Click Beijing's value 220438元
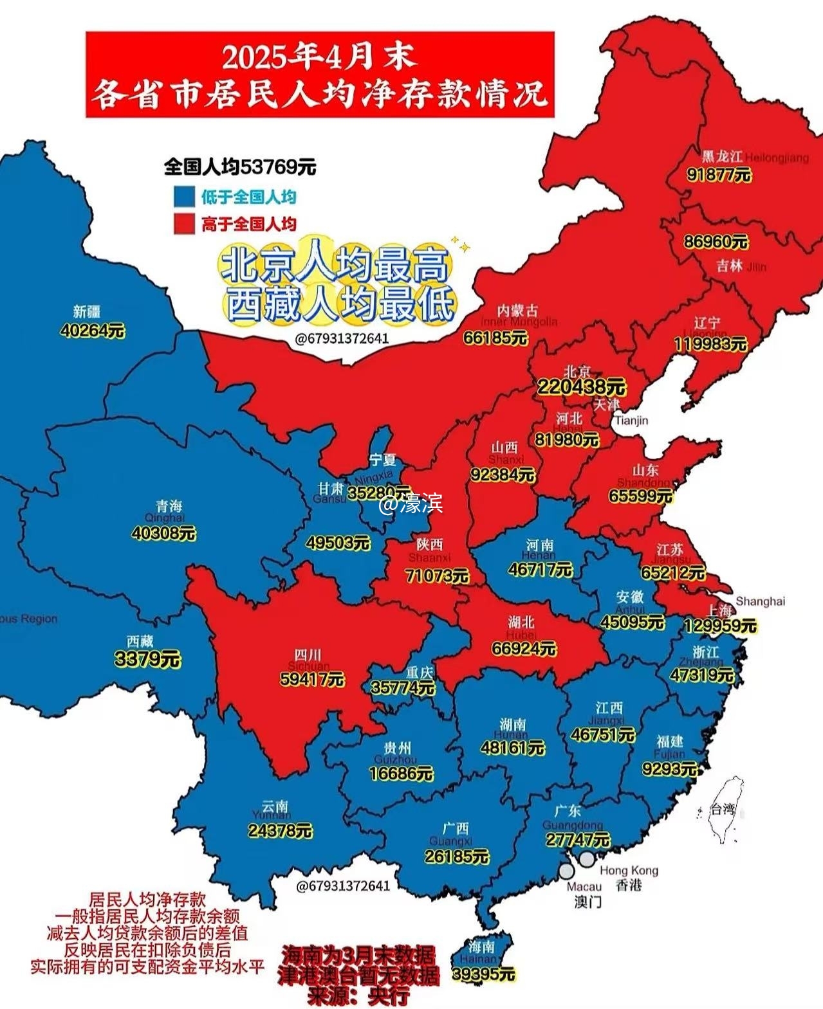581,386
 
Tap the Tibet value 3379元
147,659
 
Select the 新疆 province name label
87,312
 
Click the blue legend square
184,196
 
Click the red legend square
184,224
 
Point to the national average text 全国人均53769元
240,167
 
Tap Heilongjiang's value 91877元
719,174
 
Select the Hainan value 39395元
483,974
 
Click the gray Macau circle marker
566,871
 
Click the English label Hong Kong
629,870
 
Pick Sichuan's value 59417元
312,679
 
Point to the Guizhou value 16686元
402,773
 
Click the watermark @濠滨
411,504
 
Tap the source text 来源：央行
358,995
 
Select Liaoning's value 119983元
710,344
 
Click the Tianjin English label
631,421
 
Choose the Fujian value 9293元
670,768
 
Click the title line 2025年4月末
320,58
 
